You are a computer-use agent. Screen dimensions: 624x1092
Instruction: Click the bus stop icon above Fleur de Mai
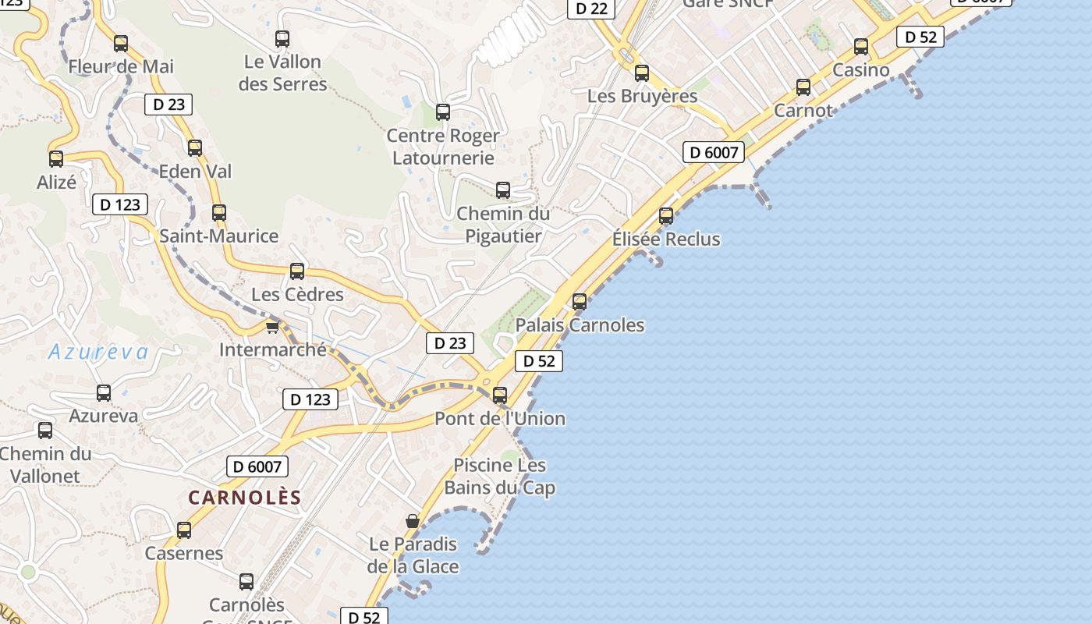(x=121, y=44)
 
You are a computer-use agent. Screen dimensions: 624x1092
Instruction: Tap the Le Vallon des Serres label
(x=282, y=73)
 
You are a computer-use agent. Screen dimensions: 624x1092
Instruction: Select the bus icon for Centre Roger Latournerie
(x=443, y=112)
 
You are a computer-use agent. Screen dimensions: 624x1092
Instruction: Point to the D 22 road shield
(x=590, y=9)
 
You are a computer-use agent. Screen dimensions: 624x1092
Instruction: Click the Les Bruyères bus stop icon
(x=642, y=74)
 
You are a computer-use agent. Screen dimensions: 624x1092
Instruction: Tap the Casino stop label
(x=861, y=70)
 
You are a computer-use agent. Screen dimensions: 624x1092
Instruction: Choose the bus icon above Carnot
(x=803, y=87)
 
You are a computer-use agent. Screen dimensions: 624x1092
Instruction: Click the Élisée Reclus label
(x=666, y=239)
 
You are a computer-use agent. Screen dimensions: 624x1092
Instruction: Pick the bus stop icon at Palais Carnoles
(x=580, y=302)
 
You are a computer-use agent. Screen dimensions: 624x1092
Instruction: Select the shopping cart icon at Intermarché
(x=272, y=327)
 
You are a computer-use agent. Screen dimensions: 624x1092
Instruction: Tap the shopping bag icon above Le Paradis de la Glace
(x=413, y=521)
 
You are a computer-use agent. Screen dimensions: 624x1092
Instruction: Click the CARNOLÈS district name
(x=245, y=498)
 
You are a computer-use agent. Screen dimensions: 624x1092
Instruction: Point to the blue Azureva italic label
(x=98, y=353)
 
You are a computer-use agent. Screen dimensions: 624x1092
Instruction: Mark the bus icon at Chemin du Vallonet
(x=45, y=431)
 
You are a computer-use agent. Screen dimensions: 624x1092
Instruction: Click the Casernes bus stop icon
(x=184, y=530)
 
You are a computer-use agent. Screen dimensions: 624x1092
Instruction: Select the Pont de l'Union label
(x=500, y=419)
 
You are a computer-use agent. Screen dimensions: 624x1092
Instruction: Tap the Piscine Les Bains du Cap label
(x=500, y=477)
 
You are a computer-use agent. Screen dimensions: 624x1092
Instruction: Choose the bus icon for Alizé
(x=56, y=159)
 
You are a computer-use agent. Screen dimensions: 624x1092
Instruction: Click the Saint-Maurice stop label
(x=219, y=236)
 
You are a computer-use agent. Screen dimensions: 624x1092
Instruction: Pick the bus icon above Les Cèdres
(x=297, y=271)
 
